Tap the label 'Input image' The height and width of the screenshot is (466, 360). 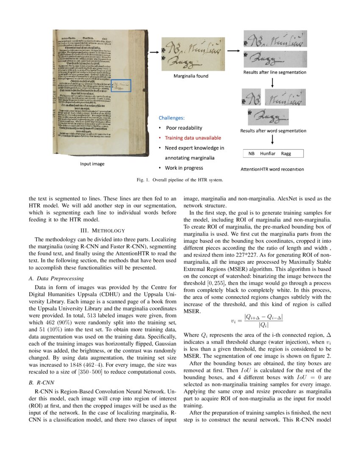[92, 164]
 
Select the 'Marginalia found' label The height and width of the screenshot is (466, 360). [191, 76]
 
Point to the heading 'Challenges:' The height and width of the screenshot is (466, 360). [172, 118]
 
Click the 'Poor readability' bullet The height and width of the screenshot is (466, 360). [184, 128]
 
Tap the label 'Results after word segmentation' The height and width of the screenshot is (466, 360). [273, 131]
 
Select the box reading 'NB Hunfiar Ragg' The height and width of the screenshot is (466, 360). [273, 154]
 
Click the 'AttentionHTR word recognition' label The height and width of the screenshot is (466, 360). [272, 169]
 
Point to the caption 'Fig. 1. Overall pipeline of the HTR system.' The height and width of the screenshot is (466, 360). [180, 179]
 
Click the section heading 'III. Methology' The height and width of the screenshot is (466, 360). [102, 230]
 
